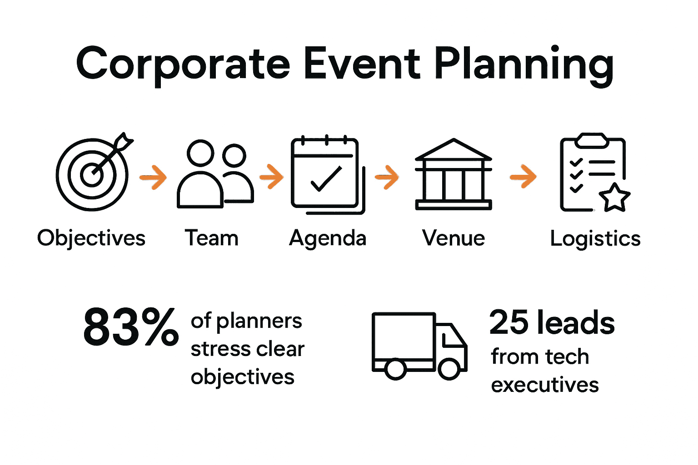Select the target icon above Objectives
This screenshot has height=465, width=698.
[x=93, y=173]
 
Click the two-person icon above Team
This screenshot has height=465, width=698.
[x=215, y=174]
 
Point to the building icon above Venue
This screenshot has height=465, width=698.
[x=454, y=174]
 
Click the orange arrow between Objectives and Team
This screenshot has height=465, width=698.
[x=153, y=177]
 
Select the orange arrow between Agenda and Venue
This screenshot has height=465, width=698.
[x=387, y=177]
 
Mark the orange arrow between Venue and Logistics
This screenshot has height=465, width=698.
[x=523, y=176]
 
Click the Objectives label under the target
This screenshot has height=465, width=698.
[x=91, y=238]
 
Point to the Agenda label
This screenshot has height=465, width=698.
[x=328, y=238]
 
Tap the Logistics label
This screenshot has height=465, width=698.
[x=595, y=238]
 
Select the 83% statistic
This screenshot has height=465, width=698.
[x=131, y=327]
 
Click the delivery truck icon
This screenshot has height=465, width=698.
[x=419, y=345]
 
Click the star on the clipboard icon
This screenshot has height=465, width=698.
[x=614, y=198]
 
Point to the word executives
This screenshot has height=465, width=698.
[x=545, y=385]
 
